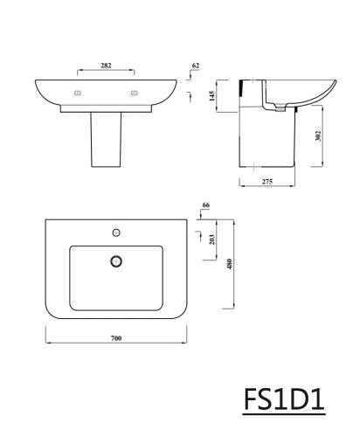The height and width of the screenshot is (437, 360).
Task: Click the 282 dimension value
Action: point(107,66)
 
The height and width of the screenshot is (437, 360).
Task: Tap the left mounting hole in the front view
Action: point(78,92)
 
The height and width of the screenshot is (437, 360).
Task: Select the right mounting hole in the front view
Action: point(135,92)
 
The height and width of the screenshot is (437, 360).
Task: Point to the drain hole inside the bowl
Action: point(114,260)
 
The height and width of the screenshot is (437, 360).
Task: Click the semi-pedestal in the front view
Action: point(106,140)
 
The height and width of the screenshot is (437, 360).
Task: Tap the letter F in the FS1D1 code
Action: point(253,400)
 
